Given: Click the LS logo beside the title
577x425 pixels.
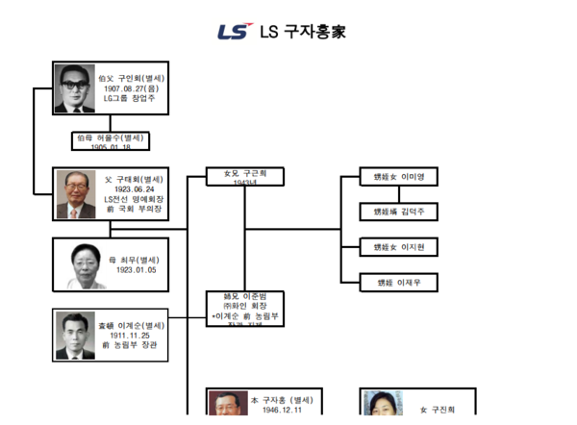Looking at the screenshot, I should (234, 31).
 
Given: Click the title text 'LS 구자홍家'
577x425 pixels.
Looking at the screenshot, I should (302, 32).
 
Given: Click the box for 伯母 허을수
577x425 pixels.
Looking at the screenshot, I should (111, 140).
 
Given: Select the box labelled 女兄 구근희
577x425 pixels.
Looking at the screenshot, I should (245, 176).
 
